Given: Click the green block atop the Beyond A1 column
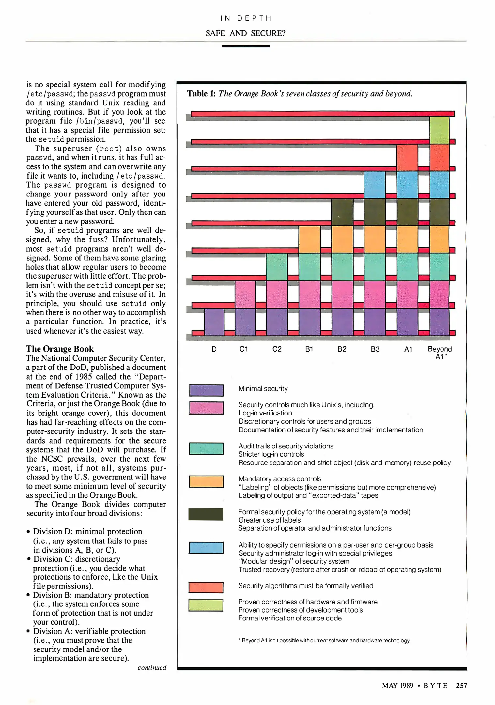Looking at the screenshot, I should click(439, 130).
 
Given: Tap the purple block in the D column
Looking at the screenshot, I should click(214, 321).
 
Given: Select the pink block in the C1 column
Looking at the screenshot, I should click(245, 294).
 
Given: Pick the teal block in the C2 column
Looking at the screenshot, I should click(277, 267).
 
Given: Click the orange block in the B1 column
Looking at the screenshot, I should click(309, 239).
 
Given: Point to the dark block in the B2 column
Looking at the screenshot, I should click(342, 212).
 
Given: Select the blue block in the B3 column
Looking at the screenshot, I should click(375, 185).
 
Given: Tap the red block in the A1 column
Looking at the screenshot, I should click(407, 158).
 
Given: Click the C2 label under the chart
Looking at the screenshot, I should click(277, 349).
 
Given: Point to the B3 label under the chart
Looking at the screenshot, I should click(375, 349).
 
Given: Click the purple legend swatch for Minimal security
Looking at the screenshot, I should click(206, 390).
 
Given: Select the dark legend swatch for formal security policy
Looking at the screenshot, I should click(206, 514).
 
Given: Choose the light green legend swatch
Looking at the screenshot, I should click(206, 605).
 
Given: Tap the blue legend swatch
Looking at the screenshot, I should click(206, 548).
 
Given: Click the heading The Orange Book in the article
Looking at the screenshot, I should click(60, 349).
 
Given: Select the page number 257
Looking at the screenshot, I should click(461, 685).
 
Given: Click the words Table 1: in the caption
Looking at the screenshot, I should click(201, 94).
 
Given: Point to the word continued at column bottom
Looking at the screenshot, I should click(152, 667).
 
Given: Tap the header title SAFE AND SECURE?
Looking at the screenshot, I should click(245, 33).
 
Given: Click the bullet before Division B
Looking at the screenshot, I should click(29, 595).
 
